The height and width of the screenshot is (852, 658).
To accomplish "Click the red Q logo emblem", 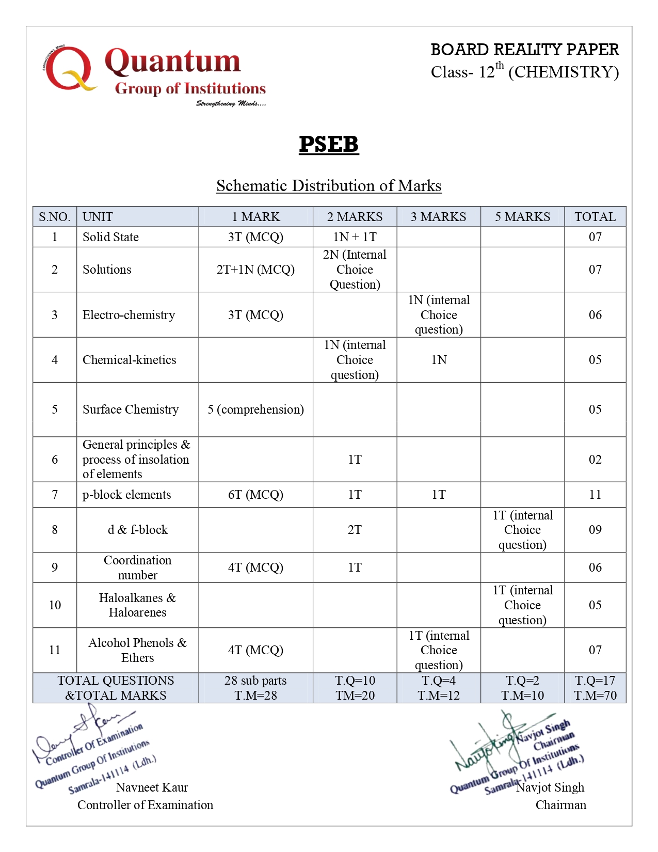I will click(68, 68).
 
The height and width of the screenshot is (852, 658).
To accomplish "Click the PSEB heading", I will click(329, 144).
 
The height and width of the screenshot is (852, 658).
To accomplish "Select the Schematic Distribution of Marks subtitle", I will click(329, 186).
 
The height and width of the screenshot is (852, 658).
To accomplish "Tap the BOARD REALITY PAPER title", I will click(524, 50).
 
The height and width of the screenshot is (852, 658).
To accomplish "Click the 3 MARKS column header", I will click(438, 217).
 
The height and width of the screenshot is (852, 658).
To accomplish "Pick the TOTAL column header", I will click(595, 217).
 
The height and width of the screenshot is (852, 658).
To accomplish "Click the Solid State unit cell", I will click(110, 237).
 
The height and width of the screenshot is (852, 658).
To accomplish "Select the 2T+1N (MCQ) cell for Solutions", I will click(255, 270).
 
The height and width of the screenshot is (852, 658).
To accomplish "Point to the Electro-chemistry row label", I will click(129, 315).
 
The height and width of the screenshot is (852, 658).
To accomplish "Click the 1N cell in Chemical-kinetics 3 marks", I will click(439, 360).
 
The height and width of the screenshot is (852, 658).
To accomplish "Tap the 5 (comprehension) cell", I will click(255, 409).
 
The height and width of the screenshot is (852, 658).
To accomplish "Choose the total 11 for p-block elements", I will click(595, 495).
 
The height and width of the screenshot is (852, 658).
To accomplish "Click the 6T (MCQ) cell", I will click(255, 495).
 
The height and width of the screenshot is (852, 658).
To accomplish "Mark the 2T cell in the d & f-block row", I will click(355, 530).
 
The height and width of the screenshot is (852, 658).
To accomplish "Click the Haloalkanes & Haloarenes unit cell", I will click(137, 605).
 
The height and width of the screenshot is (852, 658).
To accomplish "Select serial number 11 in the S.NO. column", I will click(55, 650).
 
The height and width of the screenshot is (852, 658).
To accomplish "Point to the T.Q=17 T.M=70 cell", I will click(595, 688).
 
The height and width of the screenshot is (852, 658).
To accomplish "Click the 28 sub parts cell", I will click(255, 688).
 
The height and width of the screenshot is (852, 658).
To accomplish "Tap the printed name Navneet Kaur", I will click(152, 787).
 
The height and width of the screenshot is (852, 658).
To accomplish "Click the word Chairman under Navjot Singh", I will click(560, 805).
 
